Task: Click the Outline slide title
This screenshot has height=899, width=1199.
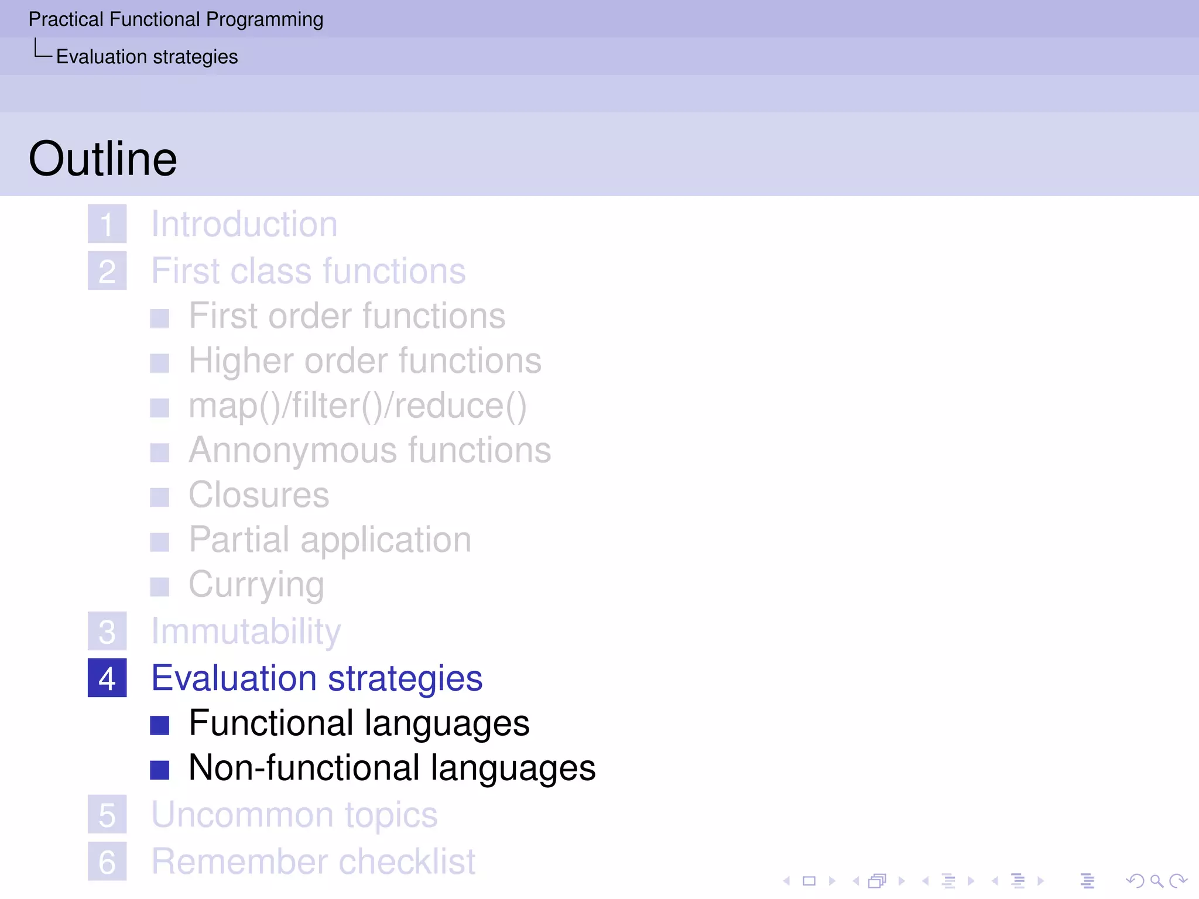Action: [x=102, y=159]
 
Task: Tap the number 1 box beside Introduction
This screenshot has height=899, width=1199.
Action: [x=107, y=224]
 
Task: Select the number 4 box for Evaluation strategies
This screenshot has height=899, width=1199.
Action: [x=107, y=678]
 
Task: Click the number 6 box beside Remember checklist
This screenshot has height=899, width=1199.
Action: [x=107, y=862]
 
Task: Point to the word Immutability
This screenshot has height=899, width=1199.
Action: [x=246, y=632]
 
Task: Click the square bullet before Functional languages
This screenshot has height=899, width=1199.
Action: [x=159, y=725]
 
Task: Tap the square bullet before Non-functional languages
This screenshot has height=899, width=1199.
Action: [x=159, y=770]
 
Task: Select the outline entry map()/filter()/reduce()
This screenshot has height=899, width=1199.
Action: [x=357, y=406]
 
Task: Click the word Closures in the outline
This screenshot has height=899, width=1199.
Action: [x=259, y=495]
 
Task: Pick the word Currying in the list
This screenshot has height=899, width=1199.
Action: [x=256, y=585]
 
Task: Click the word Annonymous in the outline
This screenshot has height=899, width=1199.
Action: [x=292, y=451]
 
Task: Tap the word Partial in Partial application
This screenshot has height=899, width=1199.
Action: [x=239, y=540]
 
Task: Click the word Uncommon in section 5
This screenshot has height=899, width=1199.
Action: [x=242, y=815]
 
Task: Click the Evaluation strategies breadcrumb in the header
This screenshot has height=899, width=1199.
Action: [x=147, y=57]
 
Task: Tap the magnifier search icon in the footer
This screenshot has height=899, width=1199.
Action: [x=1156, y=881]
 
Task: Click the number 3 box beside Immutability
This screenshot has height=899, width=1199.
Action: [x=107, y=632]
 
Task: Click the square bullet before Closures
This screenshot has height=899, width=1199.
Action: [x=159, y=497]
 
